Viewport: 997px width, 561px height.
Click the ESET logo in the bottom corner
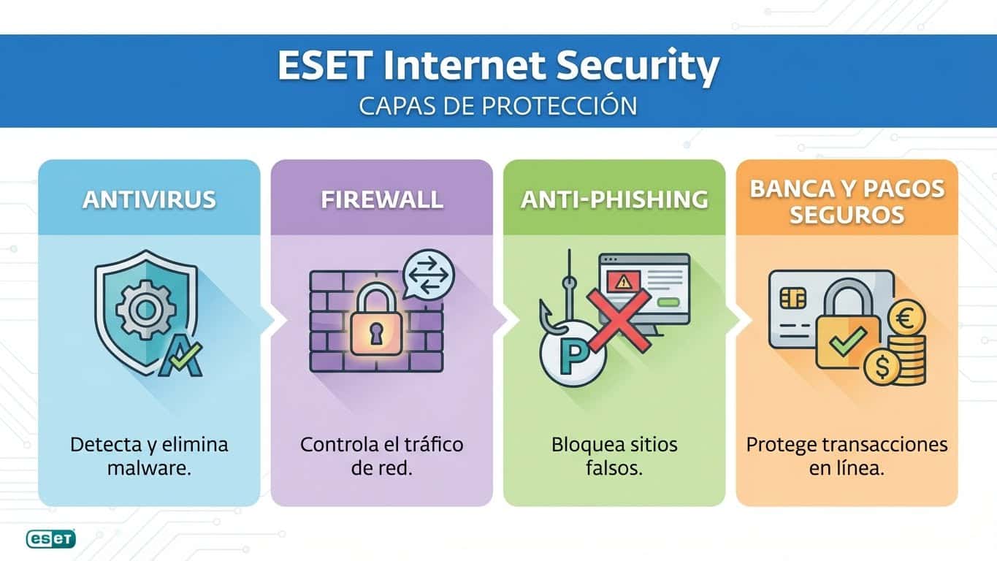(x=50, y=539)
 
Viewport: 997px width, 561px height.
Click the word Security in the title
(x=637, y=66)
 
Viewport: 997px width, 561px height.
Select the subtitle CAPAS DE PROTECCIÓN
(x=498, y=106)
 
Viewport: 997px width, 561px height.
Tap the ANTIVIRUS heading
(x=149, y=199)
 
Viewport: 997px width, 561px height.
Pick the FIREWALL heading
(x=381, y=199)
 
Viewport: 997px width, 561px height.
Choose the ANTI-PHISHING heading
(x=614, y=199)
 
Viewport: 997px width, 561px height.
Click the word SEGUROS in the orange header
(x=847, y=215)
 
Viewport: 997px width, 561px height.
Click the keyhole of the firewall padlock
(x=375, y=334)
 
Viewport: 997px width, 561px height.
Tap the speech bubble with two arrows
(x=428, y=275)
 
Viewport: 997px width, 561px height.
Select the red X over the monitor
(x=619, y=319)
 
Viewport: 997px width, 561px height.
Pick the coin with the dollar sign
(x=882, y=367)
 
